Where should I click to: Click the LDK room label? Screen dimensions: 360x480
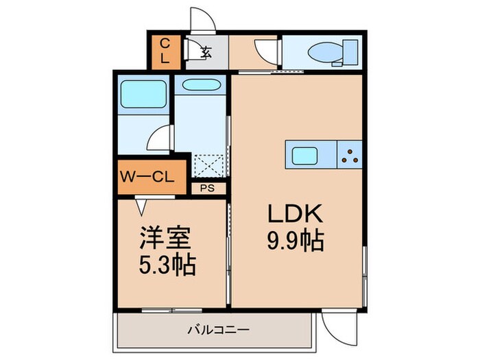295,215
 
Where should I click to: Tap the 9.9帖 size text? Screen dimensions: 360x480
295,241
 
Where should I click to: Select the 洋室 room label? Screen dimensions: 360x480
170,239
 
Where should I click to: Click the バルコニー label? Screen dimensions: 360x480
218,330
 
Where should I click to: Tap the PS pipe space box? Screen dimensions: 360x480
208,187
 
